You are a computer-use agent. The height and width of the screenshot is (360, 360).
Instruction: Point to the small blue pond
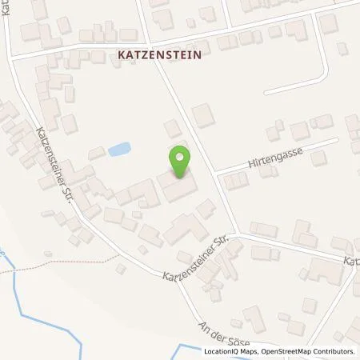[x=119, y=149]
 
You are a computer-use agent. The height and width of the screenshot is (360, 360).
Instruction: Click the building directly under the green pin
[x=178, y=187]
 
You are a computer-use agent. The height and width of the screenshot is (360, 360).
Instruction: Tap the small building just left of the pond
[x=97, y=153]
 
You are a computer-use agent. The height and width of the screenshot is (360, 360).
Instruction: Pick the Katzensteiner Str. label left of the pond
[x=55, y=166]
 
